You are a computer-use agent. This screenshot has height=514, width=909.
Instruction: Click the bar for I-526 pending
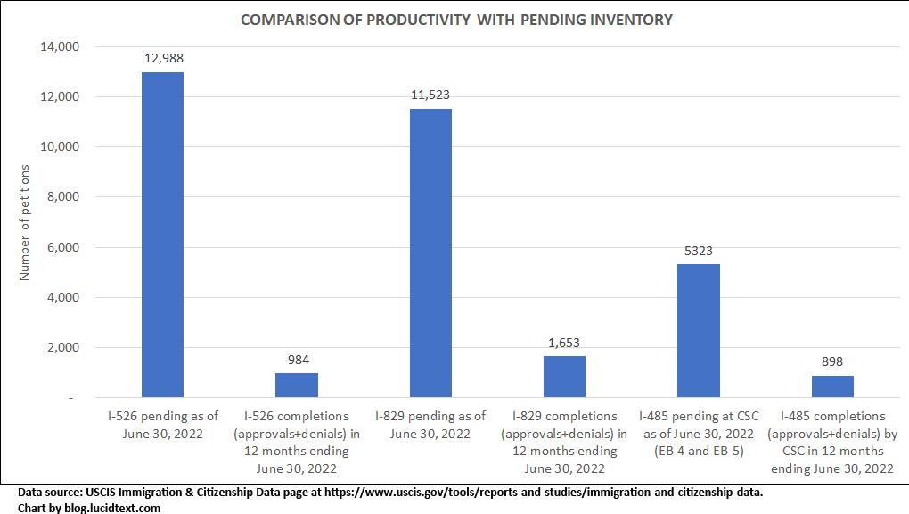[162, 235]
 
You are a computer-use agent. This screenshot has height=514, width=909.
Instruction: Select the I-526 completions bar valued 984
[297, 385]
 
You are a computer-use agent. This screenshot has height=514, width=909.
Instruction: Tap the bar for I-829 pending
[430, 253]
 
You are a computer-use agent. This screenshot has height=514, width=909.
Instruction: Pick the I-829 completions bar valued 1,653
[564, 377]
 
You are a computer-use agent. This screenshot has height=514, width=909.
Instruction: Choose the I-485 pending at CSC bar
[699, 330]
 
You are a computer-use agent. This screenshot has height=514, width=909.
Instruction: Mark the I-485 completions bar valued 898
[832, 386]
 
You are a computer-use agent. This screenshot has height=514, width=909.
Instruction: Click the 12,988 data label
[163, 58]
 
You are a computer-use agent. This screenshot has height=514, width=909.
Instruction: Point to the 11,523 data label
[430, 95]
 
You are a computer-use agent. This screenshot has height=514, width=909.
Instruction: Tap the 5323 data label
[699, 251]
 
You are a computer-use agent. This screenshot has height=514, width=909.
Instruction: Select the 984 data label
[297, 360]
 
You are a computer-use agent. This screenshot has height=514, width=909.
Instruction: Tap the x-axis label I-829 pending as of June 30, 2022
[430, 425]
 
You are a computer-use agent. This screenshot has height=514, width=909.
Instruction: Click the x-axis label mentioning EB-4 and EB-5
[699, 434]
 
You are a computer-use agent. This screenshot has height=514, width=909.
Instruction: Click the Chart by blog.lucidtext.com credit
[89, 507]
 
